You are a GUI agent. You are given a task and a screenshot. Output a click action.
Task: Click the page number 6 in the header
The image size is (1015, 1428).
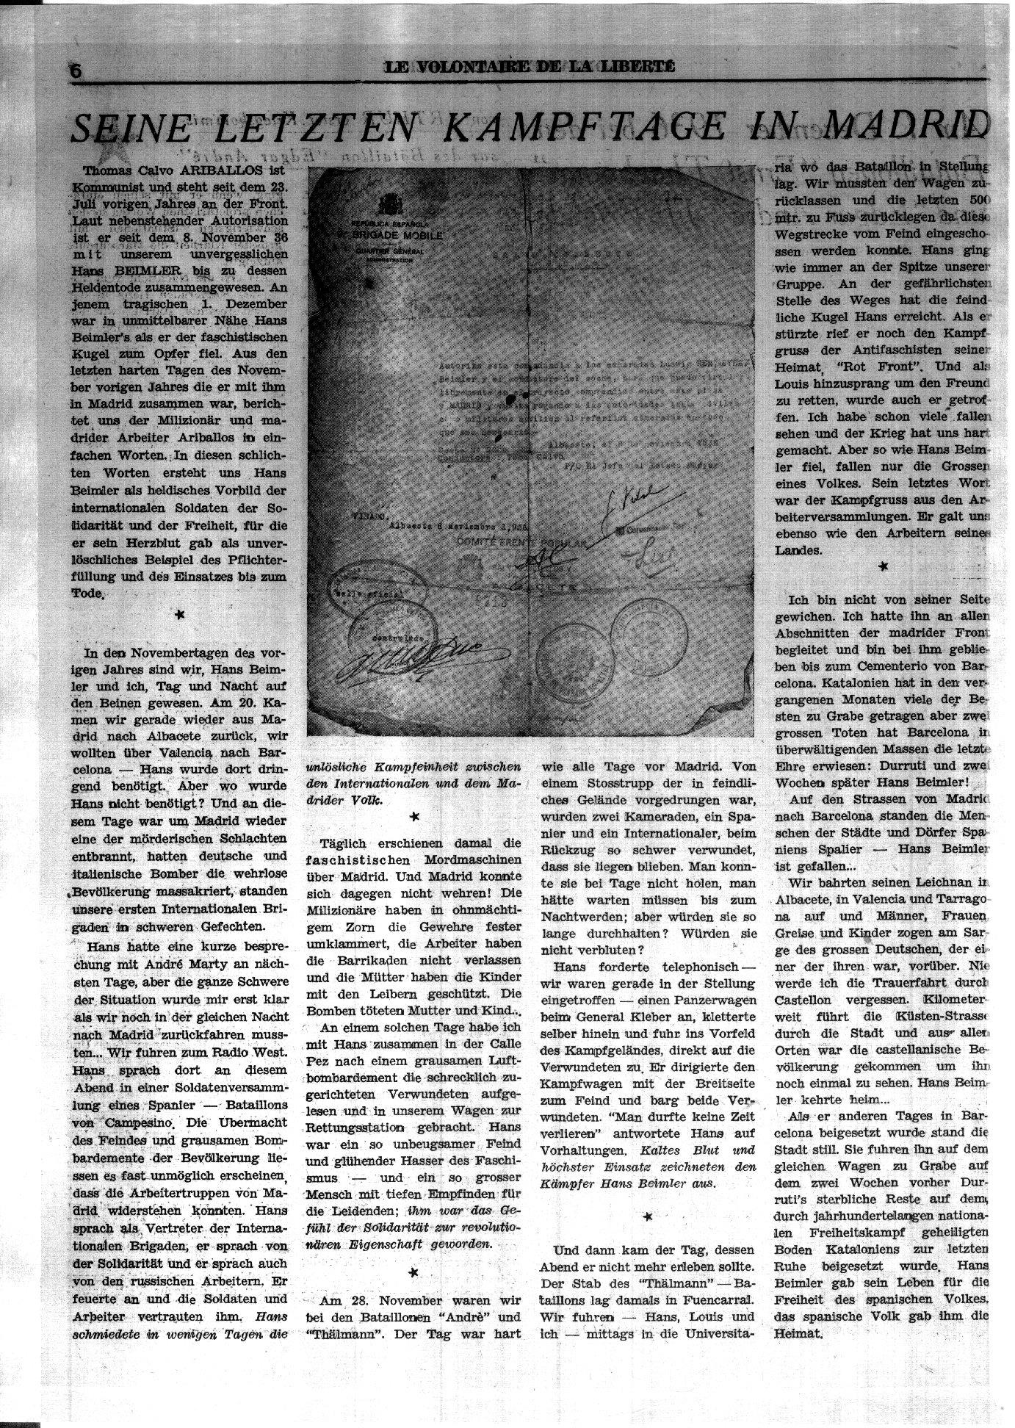click(75, 71)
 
